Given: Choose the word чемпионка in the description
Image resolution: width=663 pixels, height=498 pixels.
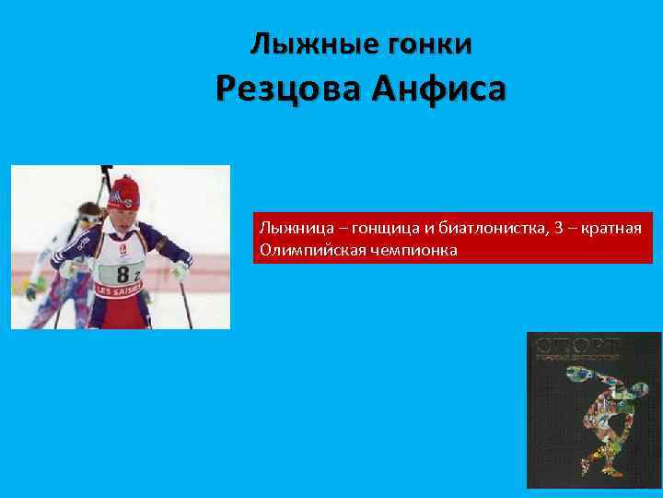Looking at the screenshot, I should pyautogui.click(x=412, y=250).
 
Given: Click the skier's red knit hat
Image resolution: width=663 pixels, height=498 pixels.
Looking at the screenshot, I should pyautogui.click(x=124, y=189).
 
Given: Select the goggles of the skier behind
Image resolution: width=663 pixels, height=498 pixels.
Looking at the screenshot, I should pyautogui.click(x=87, y=218).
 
